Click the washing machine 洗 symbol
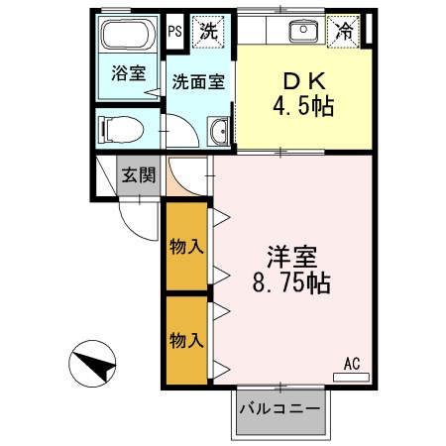pos(208,31)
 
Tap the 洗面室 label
pos(198,81)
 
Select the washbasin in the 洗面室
pos(219,129)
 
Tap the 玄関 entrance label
pos(138,175)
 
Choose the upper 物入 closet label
pos(186,244)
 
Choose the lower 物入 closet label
pos(186,340)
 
